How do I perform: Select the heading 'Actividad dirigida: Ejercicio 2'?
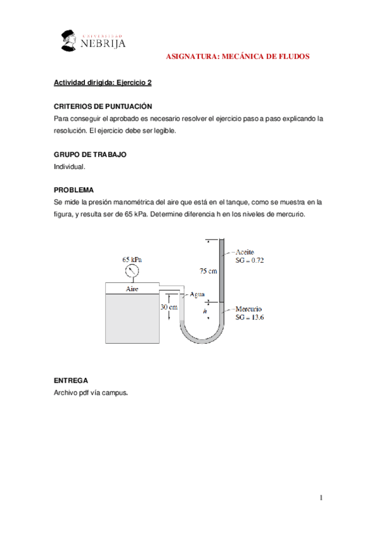pyautogui.click(x=102, y=82)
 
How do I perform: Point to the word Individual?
pyautogui.click(x=69, y=167)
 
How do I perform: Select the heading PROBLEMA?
pyautogui.click(x=74, y=190)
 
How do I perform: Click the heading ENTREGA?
pyautogui.click(x=70, y=380)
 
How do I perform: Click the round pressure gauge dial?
pyautogui.click(x=132, y=271)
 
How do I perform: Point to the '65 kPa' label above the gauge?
pyautogui.click(x=132, y=258)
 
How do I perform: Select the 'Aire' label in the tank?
pyautogui.click(x=132, y=289)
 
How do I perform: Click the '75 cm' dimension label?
pyautogui.click(x=208, y=271)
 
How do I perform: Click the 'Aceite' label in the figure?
pyautogui.click(x=244, y=251)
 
